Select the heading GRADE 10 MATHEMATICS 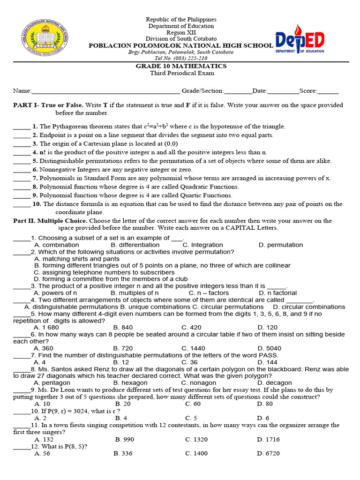click(181, 66)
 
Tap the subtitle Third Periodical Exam click(182, 73)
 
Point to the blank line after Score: click(328, 91)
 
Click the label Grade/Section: click(203, 90)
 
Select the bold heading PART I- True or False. click(48, 105)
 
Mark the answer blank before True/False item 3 click(22, 144)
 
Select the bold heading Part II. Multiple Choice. click(50, 221)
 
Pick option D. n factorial click(278, 293)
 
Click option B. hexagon click(130, 383)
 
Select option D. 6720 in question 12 click(268, 453)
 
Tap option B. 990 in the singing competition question click(124, 439)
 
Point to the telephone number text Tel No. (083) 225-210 click(180, 59)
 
